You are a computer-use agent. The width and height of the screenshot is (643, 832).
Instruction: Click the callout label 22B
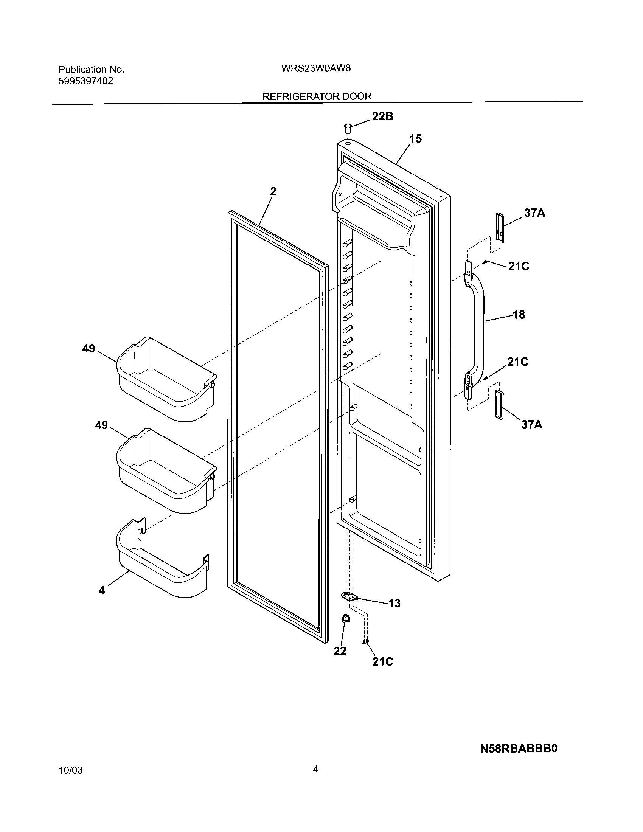pos(382,116)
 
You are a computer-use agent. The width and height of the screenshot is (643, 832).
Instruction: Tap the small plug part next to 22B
pos(347,128)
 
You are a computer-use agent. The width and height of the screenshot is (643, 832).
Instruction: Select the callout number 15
pos(416,139)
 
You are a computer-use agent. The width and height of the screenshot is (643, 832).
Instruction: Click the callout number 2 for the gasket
pos(273,191)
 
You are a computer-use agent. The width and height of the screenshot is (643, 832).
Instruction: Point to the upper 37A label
pos(534,213)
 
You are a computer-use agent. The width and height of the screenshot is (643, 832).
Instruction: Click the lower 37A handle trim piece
pos(499,405)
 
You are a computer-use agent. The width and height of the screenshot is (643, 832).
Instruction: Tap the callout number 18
pos(519,315)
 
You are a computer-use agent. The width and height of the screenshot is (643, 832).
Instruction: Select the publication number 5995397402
pos(86,81)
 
